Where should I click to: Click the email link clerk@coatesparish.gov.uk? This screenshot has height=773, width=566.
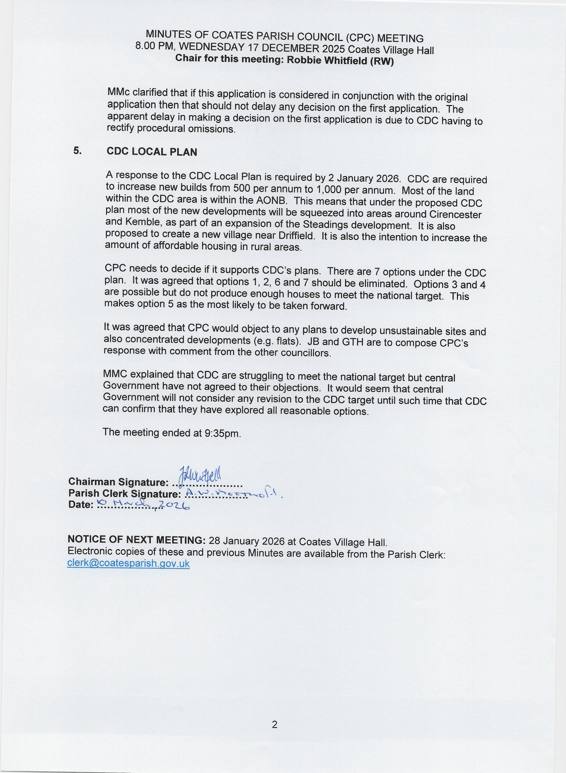pyautogui.click(x=128, y=563)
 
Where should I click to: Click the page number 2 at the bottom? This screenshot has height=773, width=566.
pyautogui.click(x=274, y=725)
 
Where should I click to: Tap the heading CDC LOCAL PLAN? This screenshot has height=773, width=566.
pyautogui.click(x=152, y=152)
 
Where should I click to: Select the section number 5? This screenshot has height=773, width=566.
pyautogui.click(x=78, y=151)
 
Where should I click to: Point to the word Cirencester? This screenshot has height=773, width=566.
pyautogui.click(x=455, y=214)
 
